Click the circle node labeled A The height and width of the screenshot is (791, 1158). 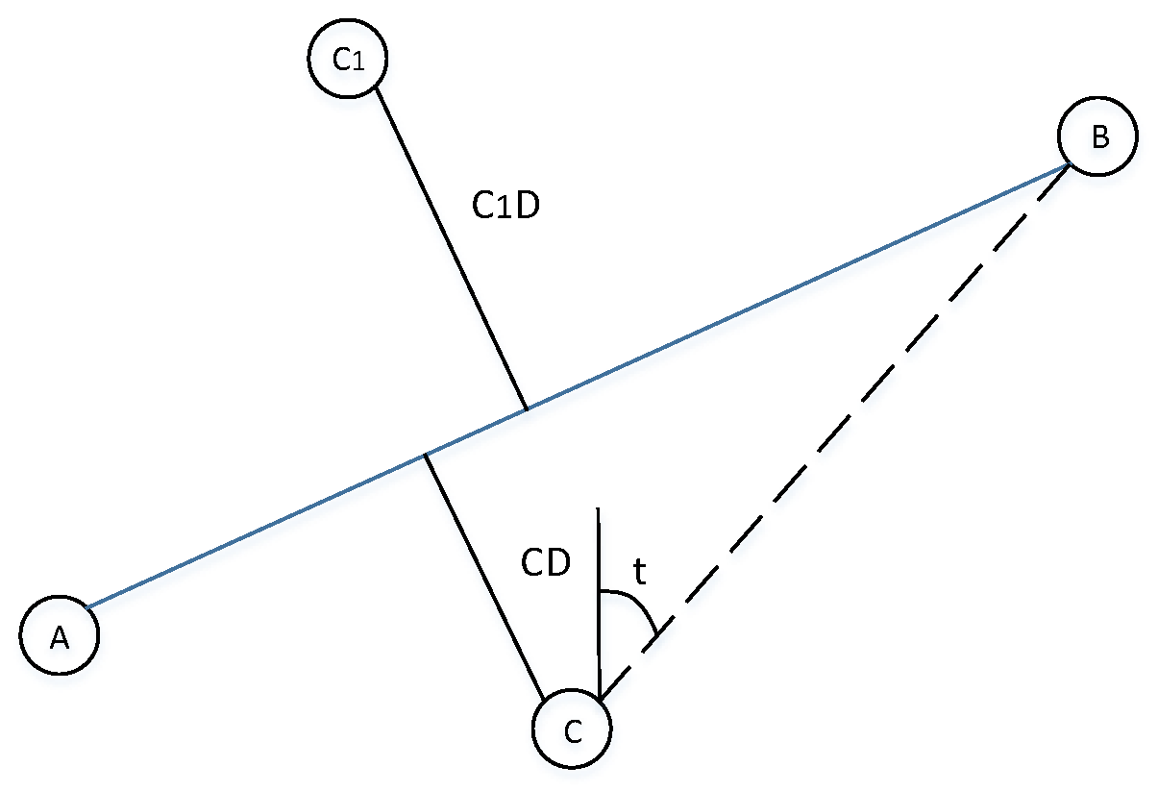pyautogui.click(x=60, y=635)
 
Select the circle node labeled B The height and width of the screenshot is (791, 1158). pyautogui.click(x=1097, y=136)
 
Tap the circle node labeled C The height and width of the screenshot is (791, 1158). pyautogui.click(x=572, y=730)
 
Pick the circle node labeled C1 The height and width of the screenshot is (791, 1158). pyautogui.click(x=347, y=60)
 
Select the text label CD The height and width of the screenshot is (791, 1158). pyautogui.click(x=546, y=564)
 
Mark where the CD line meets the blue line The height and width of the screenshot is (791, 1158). pyautogui.click(x=426, y=455)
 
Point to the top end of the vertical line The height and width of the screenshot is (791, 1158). pyautogui.click(x=598, y=508)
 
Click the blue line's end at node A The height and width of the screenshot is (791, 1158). pyautogui.click(x=88, y=606)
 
